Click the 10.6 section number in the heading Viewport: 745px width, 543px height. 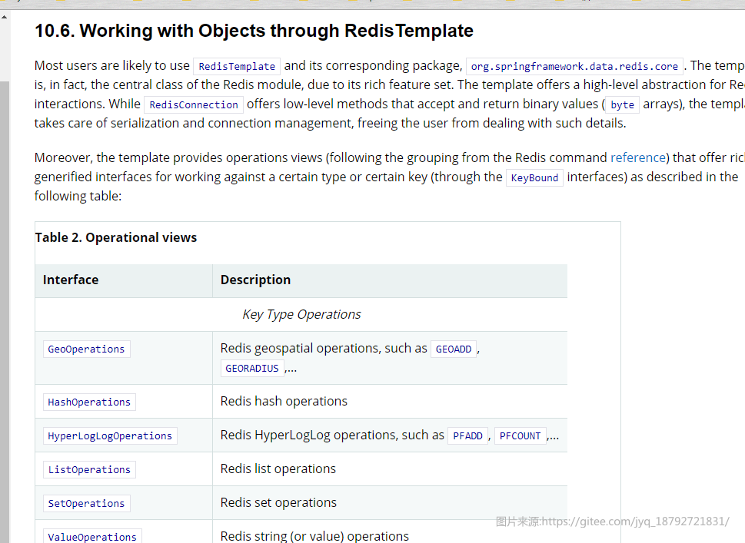click(x=55, y=31)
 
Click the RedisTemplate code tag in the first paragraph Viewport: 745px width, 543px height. click(x=237, y=66)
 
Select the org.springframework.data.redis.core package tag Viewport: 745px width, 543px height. click(x=574, y=66)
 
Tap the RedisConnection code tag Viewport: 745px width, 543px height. click(x=194, y=104)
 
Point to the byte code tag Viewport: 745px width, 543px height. click(x=623, y=104)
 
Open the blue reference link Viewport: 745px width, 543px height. click(x=638, y=157)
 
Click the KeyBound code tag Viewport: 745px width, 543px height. click(x=534, y=177)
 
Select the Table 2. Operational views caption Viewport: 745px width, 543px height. click(x=116, y=237)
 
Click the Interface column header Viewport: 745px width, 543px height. click(x=71, y=280)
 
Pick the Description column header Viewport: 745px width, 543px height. click(x=255, y=280)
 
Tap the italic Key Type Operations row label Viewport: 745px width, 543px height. click(x=301, y=314)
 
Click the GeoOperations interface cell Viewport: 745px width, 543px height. click(x=86, y=349)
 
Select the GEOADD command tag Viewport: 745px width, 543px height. click(x=454, y=349)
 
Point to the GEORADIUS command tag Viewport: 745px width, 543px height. click(x=252, y=369)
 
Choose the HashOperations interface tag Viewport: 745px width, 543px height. click(x=89, y=402)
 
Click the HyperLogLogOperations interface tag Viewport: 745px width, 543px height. click(x=110, y=435)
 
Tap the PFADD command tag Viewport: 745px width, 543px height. click(x=467, y=435)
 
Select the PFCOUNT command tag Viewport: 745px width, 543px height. click(x=521, y=435)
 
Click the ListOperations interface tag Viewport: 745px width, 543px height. click(x=89, y=469)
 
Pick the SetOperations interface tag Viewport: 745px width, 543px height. click(x=86, y=503)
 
